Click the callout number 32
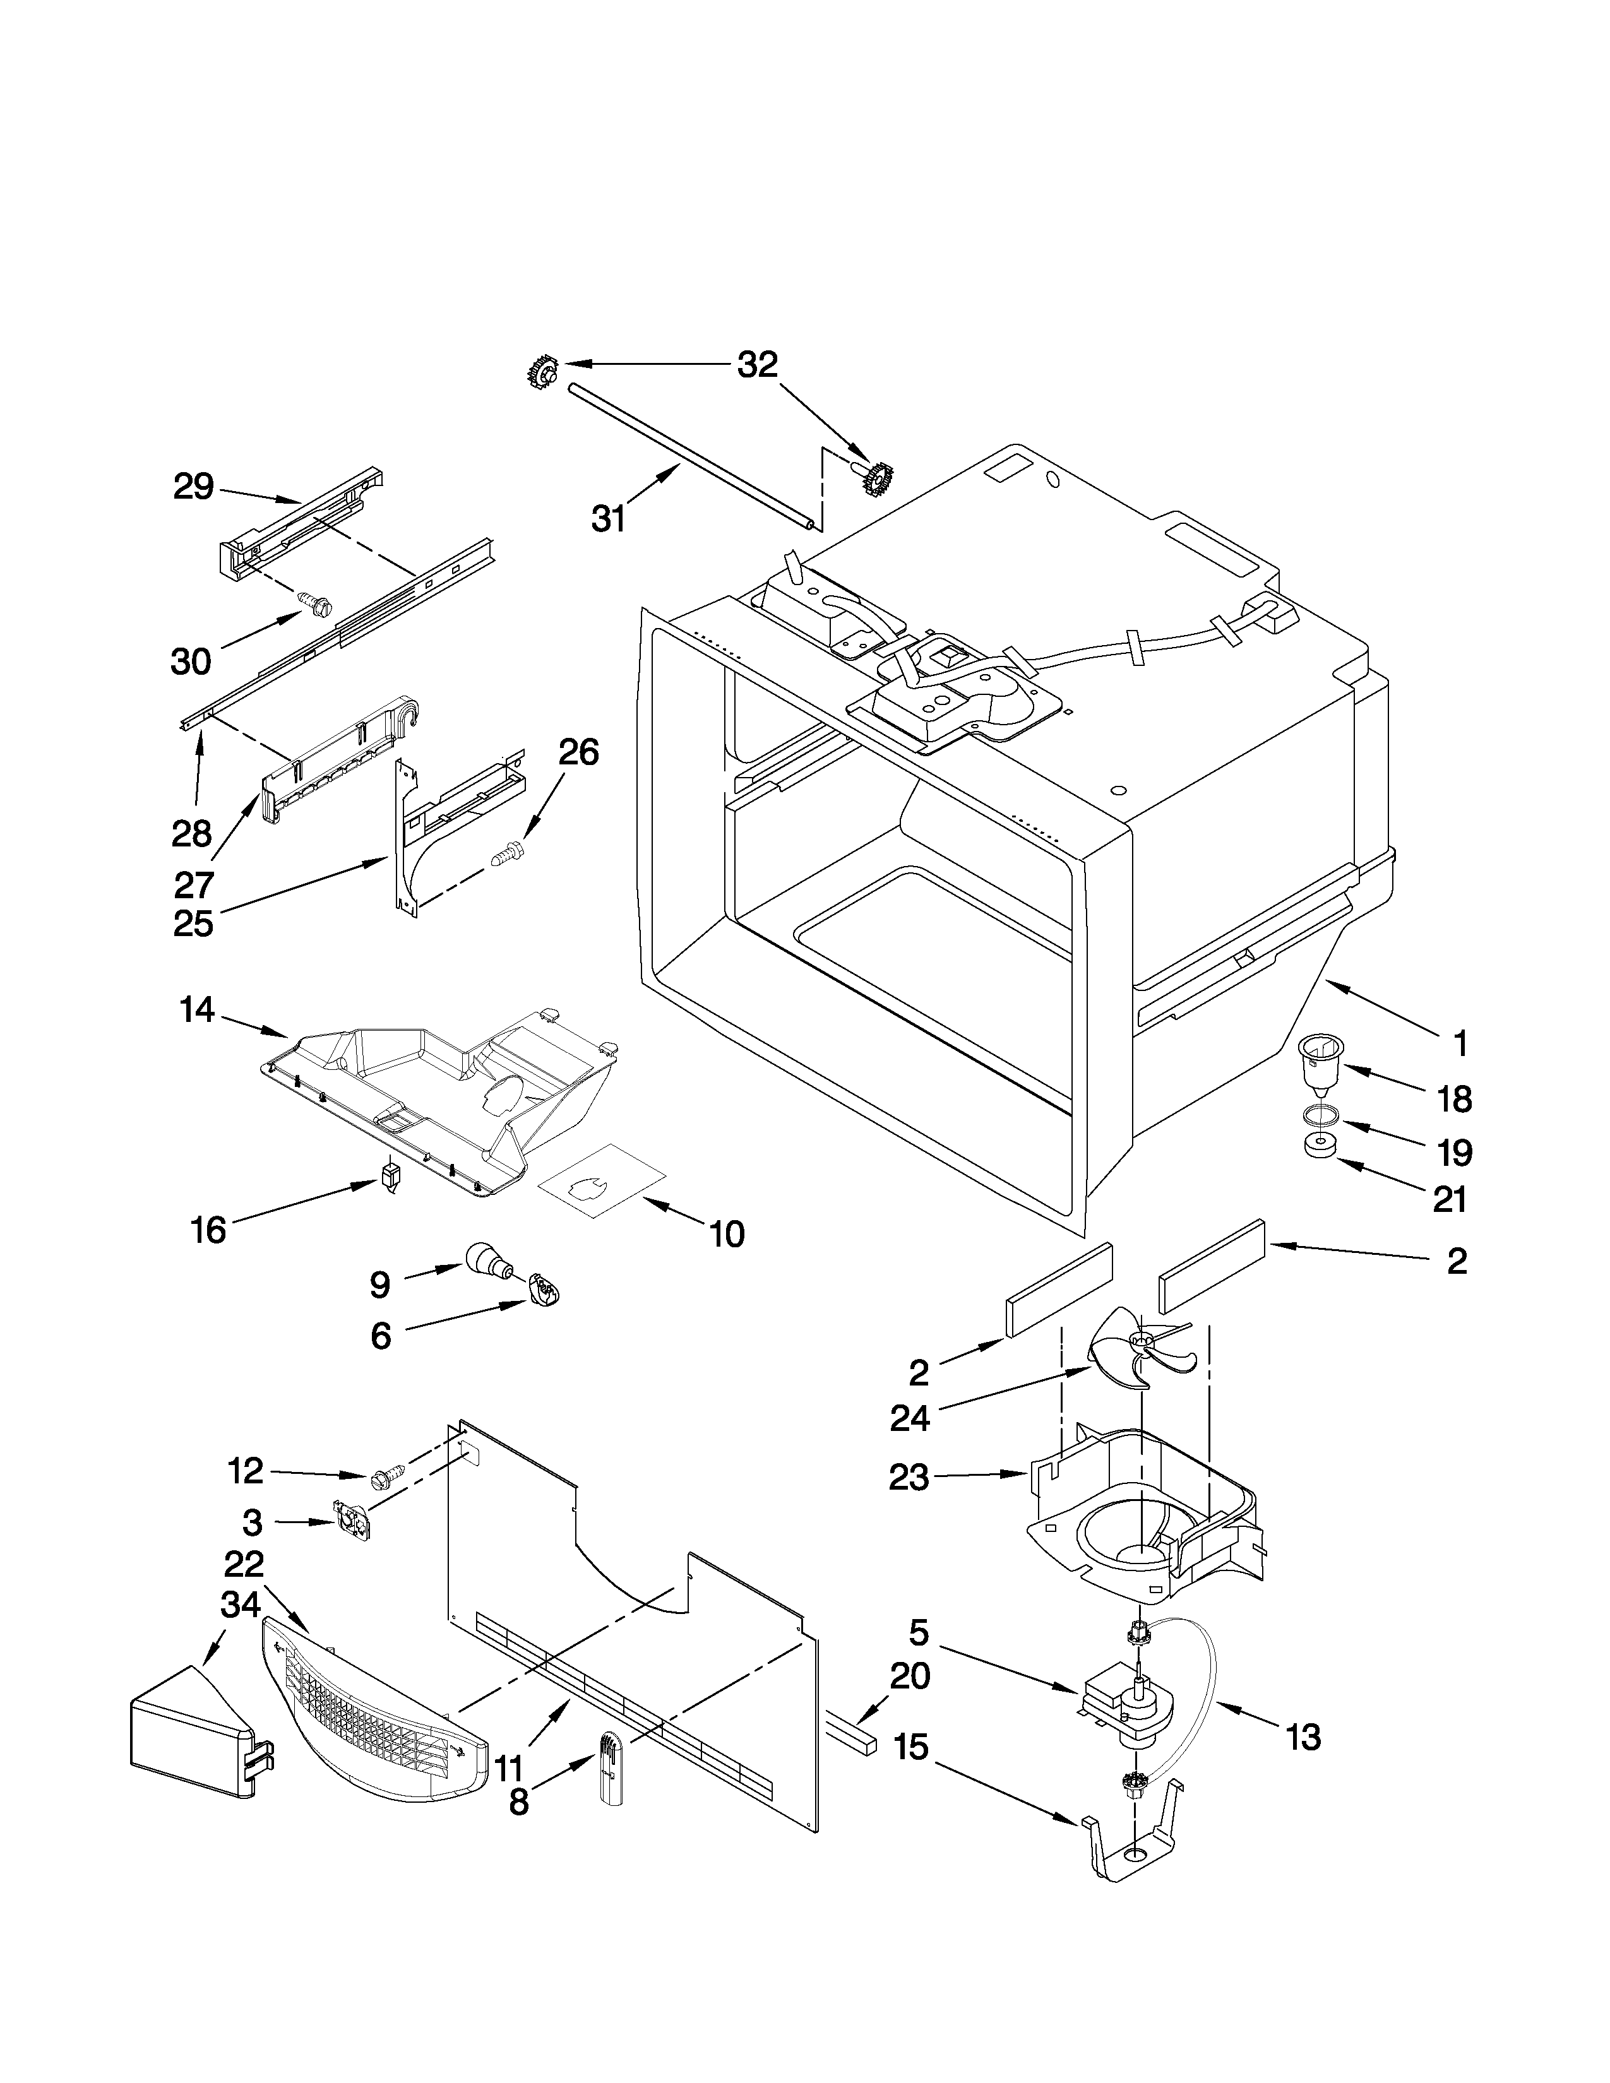758,364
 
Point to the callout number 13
1303,1738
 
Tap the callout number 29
194,487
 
